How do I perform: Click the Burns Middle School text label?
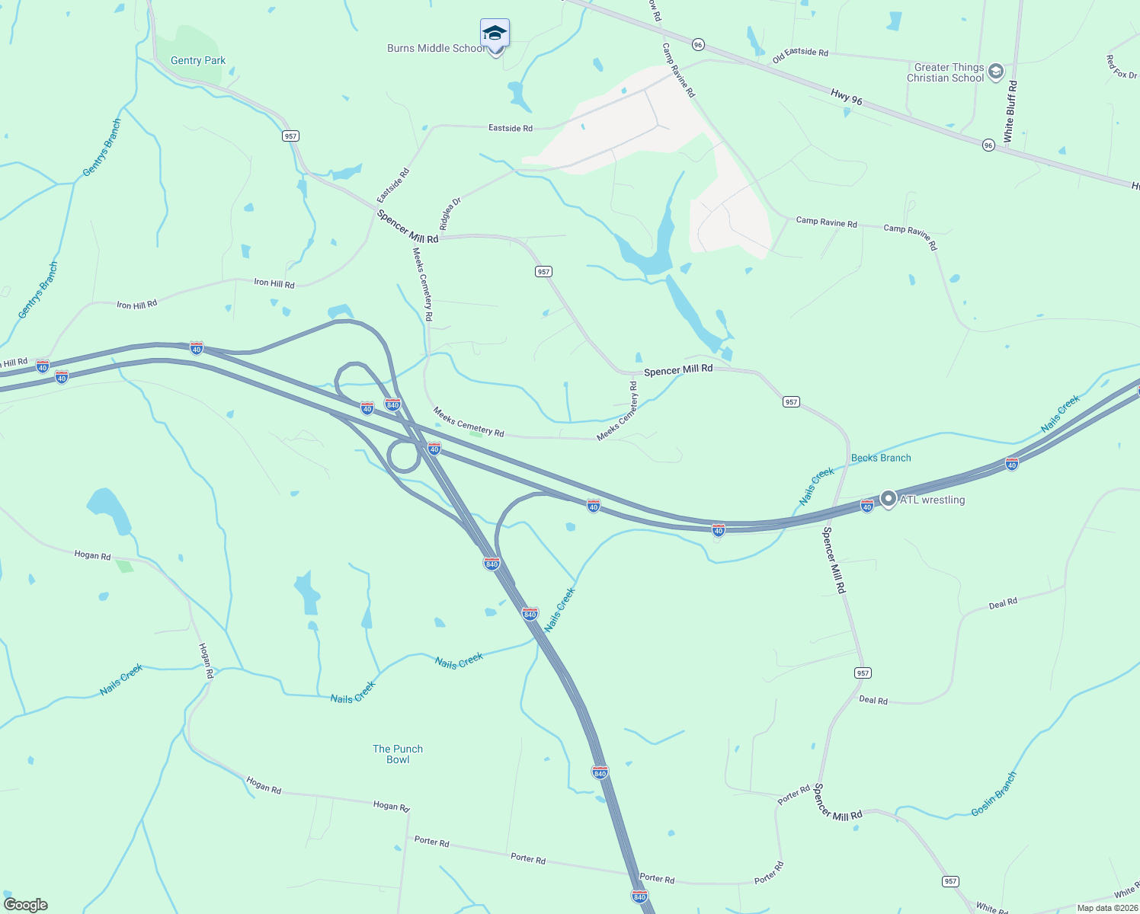pyautogui.click(x=435, y=48)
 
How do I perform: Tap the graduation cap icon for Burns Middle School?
pyautogui.click(x=495, y=34)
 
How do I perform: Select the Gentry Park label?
pyautogui.click(x=198, y=60)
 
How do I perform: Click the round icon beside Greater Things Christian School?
pyautogui.click(x=995, y=72)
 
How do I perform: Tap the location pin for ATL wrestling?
pyautogui.click(x=888, y=499)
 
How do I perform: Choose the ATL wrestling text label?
pyautogui.click(x=932, y=500)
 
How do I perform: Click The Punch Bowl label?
pyautogui.click(x=398, y=754)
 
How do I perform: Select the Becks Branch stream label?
pyautogui.click(x=881, y=458)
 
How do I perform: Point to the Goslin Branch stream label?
pyautogui.click(x=994, y=794)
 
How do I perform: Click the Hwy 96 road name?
pyautogui.click(x=846, y=96)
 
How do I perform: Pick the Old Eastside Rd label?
pyautogui.click(x=800, y=56)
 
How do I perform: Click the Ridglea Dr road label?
pyautogui.click(x=450, y=214)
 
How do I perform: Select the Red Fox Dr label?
pyautogui.click(x=1122, y=67)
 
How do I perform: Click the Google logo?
pyautogui.click(x=26, y=905)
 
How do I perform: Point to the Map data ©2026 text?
pyautogui.click(x=1106, y=908)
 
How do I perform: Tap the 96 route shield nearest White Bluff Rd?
pyautogui.click(x=988, y=145)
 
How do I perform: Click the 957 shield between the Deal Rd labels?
pyautogui.click(x=862, y=673)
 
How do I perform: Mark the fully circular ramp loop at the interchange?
pyautogui.click(x=403, y=457)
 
